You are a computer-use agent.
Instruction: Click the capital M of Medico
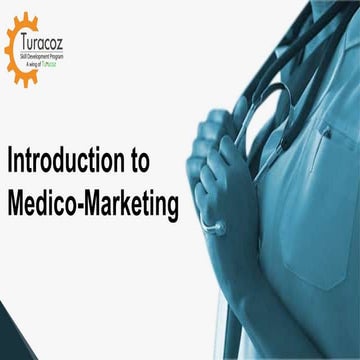[15, 206]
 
